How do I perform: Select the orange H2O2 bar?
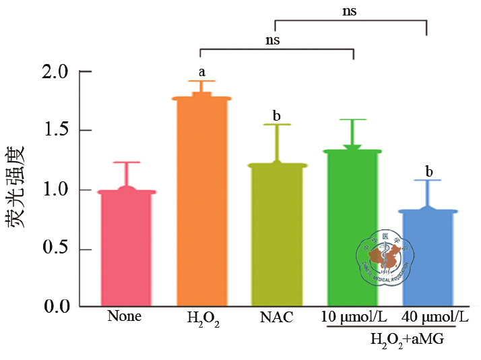click(201, 202)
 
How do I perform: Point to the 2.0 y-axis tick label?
click(55, 71)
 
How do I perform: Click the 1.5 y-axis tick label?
click(55, 131)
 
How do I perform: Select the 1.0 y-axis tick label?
click(55, 190)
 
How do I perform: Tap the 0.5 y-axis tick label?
click(55, 249)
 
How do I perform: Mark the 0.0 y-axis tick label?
click(55, 307)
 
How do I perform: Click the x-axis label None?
click(125, 316)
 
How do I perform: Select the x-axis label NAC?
click(277, 317)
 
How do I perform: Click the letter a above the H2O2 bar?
click(201, 71)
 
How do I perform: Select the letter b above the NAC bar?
click(276, 116)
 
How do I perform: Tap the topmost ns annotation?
click(349, 11)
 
